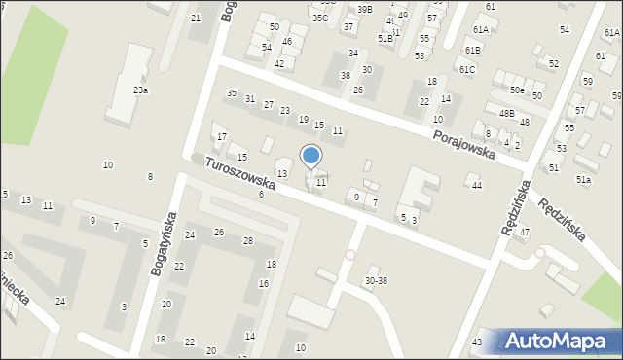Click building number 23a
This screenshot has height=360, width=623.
tap(141, 90)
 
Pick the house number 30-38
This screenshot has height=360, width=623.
tap(376, 281)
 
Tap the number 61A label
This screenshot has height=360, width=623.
tap(480, 31)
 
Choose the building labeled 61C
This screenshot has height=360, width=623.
tap(467, 70)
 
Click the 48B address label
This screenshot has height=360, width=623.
tap(506, 114)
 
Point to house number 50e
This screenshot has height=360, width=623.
tap(517, 90)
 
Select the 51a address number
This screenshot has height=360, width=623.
tap(583, 180)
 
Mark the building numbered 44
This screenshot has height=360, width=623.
tap(476, 186)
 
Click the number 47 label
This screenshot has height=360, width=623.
tap(524, 233)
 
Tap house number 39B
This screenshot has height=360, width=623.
tap(364, 9)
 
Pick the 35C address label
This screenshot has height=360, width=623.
tap(319, 18)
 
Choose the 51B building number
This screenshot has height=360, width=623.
tap(385, 38)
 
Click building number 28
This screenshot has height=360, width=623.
tap(248, 241)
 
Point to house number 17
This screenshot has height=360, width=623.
tap(222, 136)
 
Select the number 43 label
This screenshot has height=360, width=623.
tap(477, 342)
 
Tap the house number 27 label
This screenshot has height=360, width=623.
tap(268, 105)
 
